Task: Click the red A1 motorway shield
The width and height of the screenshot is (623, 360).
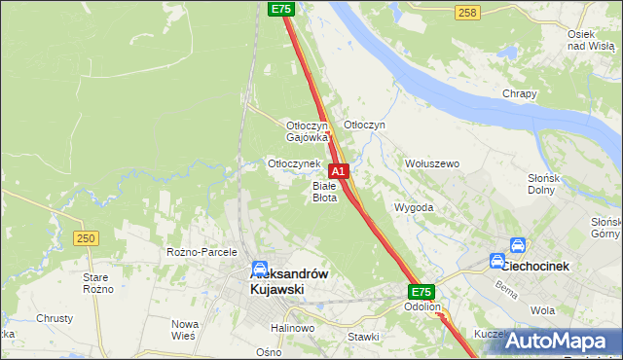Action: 339,170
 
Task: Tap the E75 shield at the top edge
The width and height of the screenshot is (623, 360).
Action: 281,9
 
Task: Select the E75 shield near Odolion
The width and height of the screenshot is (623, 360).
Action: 421,292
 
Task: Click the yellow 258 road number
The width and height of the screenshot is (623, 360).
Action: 467,12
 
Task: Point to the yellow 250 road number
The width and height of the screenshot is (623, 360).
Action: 87,238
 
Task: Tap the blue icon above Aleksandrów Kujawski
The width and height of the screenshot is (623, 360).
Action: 261,269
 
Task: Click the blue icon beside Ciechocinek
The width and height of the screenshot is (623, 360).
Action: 519,248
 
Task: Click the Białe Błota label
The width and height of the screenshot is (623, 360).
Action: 324,191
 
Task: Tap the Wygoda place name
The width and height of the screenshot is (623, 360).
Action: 413,208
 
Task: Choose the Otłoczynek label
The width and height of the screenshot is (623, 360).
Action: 294,163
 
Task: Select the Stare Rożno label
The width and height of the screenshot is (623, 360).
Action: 126,283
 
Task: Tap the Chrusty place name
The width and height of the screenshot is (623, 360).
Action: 55,318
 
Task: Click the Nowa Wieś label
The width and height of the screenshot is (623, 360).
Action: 185,329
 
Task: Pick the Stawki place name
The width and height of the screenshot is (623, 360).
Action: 363,337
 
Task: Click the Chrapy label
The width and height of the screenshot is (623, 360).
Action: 520,93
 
